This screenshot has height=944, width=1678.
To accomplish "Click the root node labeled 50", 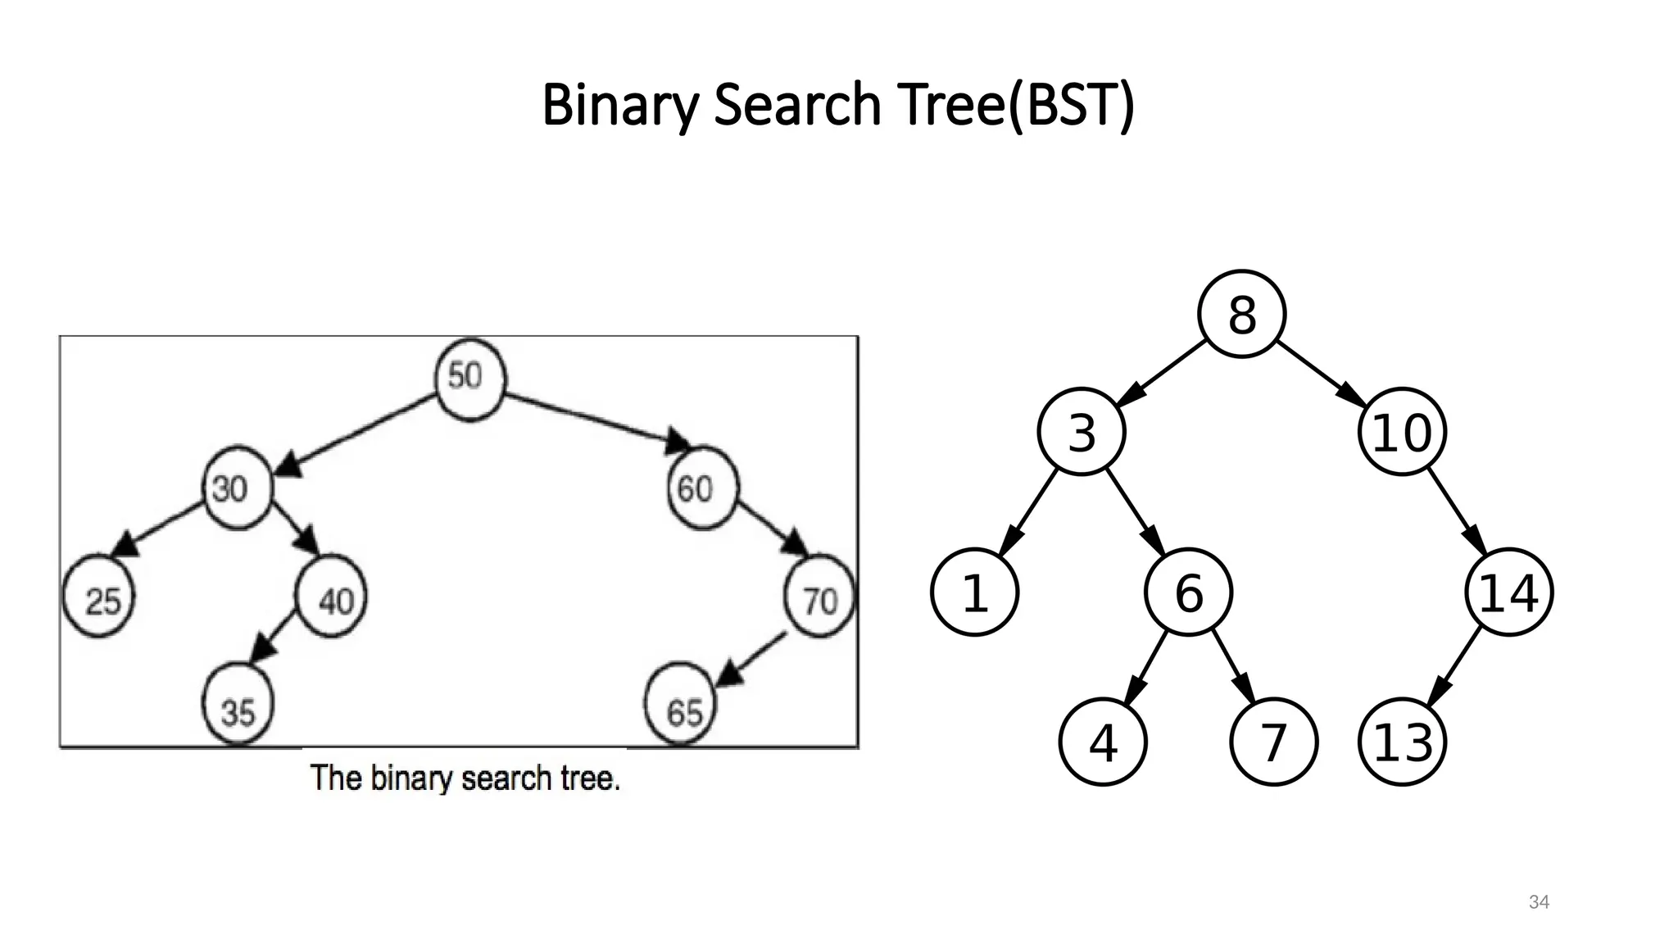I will [469, 379].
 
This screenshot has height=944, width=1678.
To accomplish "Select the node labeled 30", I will [237, 489].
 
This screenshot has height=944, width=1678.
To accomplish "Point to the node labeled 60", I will [703, 488].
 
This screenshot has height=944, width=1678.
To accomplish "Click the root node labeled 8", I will [1241, 314].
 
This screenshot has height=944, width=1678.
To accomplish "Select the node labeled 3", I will [1082, 432].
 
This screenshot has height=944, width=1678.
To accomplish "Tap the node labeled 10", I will [1402, 432].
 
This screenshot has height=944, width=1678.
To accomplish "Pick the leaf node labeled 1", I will [975, 592].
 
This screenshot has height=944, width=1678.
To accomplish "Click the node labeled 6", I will [1188, 592].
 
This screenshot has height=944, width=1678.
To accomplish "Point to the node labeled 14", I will [1508, 592].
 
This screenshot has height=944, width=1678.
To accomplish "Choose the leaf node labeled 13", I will [1402, 742].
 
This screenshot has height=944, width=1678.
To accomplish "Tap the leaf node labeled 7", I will [1273, 742].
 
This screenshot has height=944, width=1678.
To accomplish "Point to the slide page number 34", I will [1539, 902].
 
